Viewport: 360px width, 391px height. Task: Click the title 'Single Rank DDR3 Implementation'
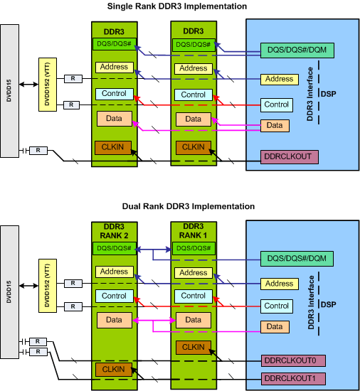[177, 6]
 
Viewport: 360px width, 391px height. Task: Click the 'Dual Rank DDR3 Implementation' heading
[177, 206]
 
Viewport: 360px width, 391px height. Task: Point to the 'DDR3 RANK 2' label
[114, 231]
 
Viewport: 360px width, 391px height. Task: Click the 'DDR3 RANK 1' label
[193, 231]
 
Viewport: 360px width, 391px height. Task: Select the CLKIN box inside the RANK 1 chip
[194, 347]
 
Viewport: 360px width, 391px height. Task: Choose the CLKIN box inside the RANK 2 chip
[114, 370]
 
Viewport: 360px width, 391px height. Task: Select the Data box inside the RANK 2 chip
[114, 321]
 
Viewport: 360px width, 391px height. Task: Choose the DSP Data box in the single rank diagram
[274, 125]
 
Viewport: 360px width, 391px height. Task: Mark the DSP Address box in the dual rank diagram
[277, 283]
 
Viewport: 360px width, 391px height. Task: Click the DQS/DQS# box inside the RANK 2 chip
[114, 249]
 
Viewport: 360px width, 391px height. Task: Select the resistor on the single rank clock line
[38, 151]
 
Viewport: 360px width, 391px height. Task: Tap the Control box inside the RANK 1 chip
[194, 296]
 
